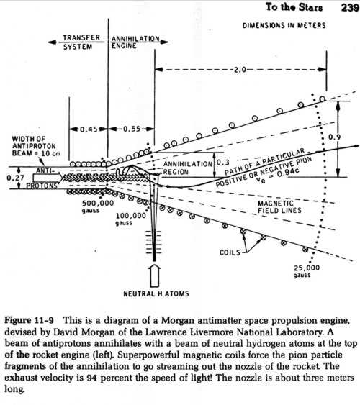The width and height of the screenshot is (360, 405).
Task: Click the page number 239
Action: (350, 7)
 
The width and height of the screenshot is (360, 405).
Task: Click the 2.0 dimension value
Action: (240, 70)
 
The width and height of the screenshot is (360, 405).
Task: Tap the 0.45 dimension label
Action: (89, 129)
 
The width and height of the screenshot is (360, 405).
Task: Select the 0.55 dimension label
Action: (132, 129)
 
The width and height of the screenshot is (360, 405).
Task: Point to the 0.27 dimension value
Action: (15, 178)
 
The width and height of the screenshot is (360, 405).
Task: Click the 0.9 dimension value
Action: (334, 137)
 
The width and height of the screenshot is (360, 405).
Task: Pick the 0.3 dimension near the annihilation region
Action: (222, 163)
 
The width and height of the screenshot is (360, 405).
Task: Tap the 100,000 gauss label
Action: (130, 219)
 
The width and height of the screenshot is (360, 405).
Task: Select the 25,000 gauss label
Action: (307, 271)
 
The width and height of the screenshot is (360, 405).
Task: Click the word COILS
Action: (230, 252)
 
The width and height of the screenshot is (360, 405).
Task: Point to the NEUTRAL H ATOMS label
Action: (156, 293)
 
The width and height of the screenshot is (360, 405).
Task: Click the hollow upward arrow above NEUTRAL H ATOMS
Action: (154, 276)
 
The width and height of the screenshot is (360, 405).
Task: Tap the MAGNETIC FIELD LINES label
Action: (279, 207)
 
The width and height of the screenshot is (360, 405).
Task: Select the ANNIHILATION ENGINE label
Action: (135, 42)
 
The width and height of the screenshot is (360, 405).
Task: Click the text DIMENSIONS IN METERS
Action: (284, 25)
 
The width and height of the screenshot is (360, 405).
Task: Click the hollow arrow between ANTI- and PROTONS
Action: (48, 178)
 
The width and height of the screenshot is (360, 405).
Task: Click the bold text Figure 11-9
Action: (29, 320)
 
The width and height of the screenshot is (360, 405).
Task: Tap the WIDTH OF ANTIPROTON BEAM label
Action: (36, 146)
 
